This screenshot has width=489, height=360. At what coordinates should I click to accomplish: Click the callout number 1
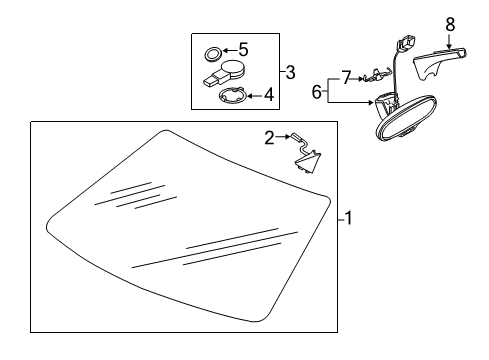pyautogui.click(x=348, y=218)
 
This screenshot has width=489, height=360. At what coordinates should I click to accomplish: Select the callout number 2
pyautogui.click(x=269, y=138)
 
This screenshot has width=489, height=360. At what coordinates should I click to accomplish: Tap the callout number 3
pyautogui.click(x=290, y=72)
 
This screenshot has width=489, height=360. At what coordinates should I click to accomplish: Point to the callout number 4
pyautogui.click(x=269, y=95)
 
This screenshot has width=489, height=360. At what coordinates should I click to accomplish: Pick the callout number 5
pyautogui.click(x=244, y=49)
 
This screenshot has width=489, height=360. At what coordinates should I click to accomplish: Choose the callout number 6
pyautogui.click(x=317, y=91)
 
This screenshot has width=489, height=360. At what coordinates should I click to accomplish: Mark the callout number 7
pyautogui.click(x=346, y=78)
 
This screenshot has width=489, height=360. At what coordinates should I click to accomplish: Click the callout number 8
pyautogui.click(x=450, y=24)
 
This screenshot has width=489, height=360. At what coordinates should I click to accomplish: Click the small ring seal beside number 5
pyautogui.click(x=212, y=55)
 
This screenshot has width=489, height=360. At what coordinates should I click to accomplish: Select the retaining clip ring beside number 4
pyautogui.click(x=233, y=95)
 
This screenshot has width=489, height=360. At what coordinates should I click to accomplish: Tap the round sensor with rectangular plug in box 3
pyautogui.click(x=224, y=74)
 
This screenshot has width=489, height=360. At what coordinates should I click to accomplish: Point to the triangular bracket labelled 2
pyautogui.click(x=307, y=159)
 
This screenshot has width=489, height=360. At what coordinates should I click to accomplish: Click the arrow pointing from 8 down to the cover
pyautogui.click(x=450, y=41)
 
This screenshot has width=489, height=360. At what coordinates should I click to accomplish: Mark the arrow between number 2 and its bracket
pyautogui.click(x=283, y=136)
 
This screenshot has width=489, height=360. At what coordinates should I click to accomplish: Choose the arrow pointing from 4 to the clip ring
pyautogui.click(x=255, y=96)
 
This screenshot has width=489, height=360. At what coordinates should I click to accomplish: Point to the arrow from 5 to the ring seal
pyautogui.click(x=230, y=50)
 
